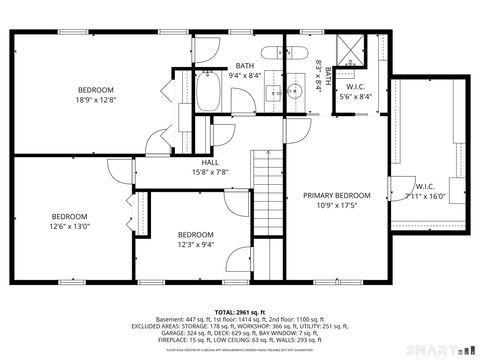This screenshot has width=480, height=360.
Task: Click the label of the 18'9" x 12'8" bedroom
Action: pos(95,89)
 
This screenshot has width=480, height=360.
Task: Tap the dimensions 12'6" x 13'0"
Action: pos(70,226)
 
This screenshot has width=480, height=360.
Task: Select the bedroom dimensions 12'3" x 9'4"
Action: pos(195,244)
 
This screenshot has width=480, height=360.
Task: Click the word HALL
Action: pos(210,162)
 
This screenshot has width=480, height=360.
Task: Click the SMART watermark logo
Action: pos(440,350)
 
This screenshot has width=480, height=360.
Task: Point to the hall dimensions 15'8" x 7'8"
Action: pos(210,172)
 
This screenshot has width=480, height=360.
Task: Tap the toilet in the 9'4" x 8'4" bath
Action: pos(271,53)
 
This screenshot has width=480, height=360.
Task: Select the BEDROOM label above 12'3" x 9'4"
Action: pos(195,234)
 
